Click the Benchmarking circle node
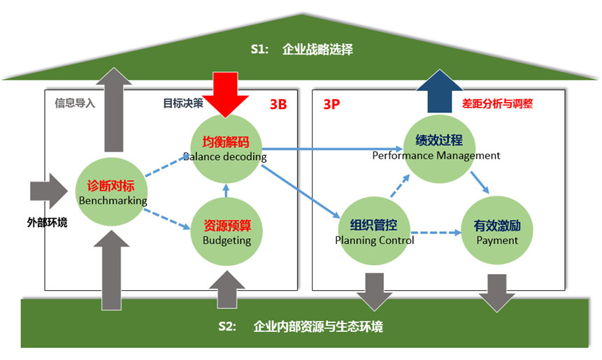pyautogui.click(x=112, y=192)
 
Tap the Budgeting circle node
pyautogui.click(x=226, y=231)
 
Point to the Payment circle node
pyautogui.click(x=497, y=231)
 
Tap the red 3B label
pyautogui.click(x=278, y=105)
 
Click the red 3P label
pyautogui.click(x=331, y=105)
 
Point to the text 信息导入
pyautogui.click(x=75, y=103)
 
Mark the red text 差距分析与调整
pyautogui.click(x=497, y=103)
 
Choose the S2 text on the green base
pyautogui.click(x=227, y=326)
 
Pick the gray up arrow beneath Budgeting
pyautogui.click(x=227, y=288)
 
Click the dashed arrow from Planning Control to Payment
pyautogui.click(x=435, y=233)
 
